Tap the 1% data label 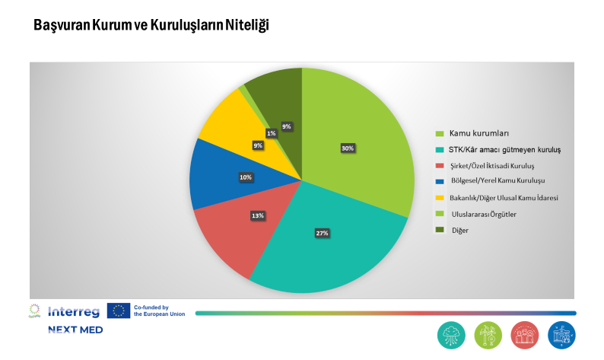point(272,133)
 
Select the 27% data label point(322,233)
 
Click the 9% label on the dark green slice point(286,126)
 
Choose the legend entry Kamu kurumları point(475,134)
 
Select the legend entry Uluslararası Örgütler point(483,214)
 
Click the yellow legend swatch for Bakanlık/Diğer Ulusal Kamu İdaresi point(439,199)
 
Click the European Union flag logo point(119,311)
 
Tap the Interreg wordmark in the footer point(74,311)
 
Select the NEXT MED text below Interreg point(75,330)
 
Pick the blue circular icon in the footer point(561,334)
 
